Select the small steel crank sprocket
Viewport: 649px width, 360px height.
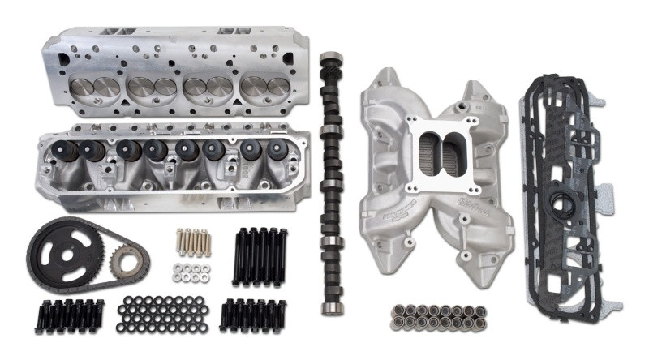pyautogui.click(x=128, y=259)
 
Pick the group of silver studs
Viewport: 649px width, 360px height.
pyautogui.click(x=193, y=241)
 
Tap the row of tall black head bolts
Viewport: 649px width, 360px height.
pyautogui.click(x=261, y=253)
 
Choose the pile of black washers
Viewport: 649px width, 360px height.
pyautogui.click(x=163, y=312)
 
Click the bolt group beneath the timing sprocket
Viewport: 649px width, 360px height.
pyautogui.click(x=68, y=315)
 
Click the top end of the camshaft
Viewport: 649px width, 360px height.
pyautogui.click(x=329, y=61)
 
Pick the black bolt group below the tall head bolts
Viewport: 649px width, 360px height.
pyautogui.click(x=255, y=315)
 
